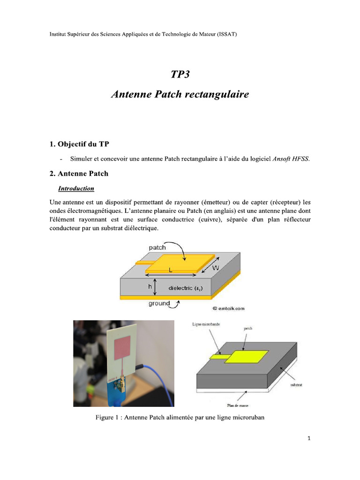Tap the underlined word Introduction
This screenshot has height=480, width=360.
click(76, 188)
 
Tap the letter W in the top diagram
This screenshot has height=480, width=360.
click(215, 268)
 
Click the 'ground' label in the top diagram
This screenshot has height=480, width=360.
click(159, 303)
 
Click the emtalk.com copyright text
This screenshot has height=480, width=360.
click(228, 308)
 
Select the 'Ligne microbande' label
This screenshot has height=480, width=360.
click(207, 324)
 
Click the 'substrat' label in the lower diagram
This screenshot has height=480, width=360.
click(296, 384)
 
